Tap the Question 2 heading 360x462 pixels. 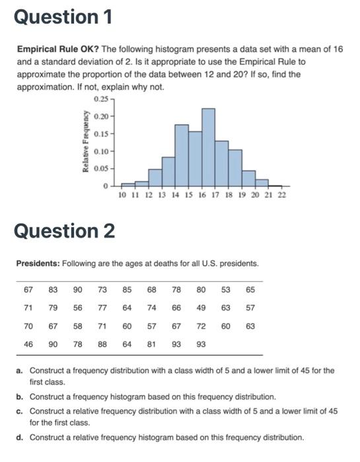64,232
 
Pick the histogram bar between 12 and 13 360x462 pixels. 155,178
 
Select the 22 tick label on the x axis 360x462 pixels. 282,195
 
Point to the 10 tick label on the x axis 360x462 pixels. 122,195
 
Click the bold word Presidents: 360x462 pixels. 38,263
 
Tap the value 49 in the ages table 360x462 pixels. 201,308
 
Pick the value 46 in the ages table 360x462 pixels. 28,345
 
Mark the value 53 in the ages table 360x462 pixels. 226,289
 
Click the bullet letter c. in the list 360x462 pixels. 20,411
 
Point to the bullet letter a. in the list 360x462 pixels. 20,370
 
